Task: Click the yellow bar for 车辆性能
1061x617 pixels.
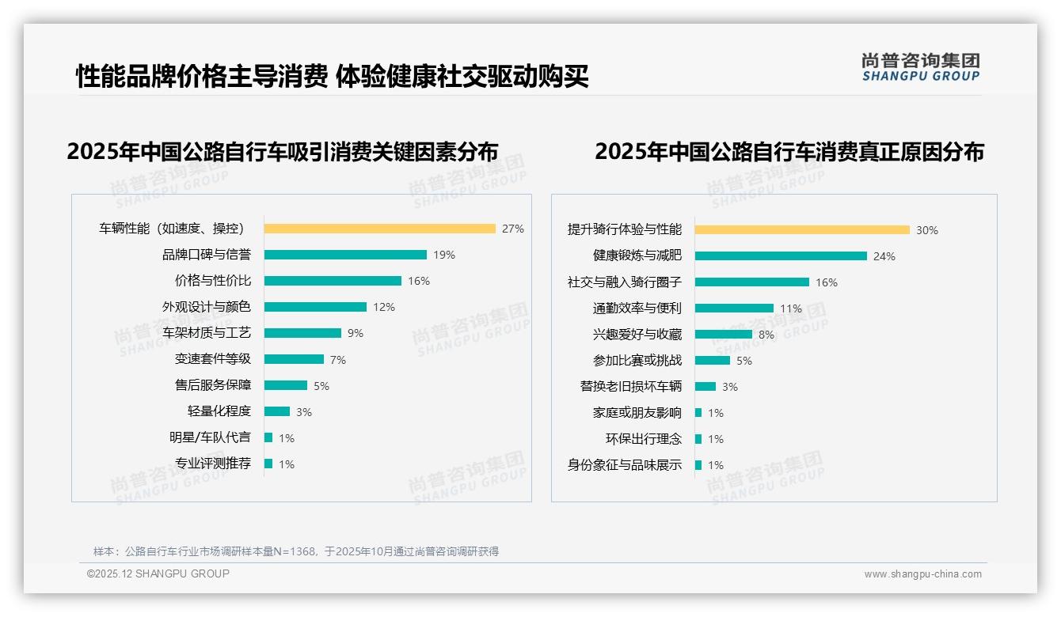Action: [379, 229]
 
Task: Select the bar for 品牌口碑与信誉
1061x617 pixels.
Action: [345, 255]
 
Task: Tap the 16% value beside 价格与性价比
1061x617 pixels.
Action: [418, 281]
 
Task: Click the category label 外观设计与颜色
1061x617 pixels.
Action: [206, 307]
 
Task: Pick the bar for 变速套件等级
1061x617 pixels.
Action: [294, 359]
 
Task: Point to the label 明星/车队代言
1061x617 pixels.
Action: [209, 437]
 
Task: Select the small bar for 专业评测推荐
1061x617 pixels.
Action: [268, 464]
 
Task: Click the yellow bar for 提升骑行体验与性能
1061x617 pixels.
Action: [802, 230]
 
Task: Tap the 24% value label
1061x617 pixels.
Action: [884, 256]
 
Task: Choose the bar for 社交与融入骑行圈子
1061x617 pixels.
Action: [752, 282]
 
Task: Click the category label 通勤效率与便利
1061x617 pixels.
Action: [637, 308]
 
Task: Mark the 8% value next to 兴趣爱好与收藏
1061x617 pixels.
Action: [766, 335]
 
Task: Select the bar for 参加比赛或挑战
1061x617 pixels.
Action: [713, 361]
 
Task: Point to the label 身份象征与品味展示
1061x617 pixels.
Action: [624, 465]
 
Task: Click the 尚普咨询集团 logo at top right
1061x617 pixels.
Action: [920, 67]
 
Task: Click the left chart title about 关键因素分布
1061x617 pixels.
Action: [283, 151]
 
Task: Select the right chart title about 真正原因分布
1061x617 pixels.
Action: [789, 151]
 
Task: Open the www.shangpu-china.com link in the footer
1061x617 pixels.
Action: [922, 574]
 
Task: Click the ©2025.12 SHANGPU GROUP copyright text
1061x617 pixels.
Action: [158, 573]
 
